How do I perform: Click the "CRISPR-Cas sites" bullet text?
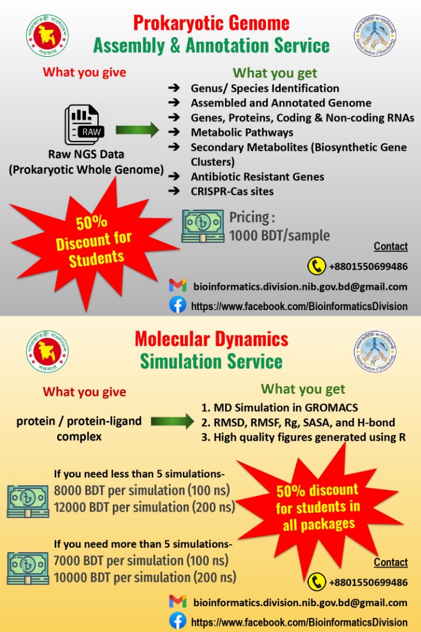[x=232, y=191]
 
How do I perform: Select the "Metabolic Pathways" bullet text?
[x=242, y=132]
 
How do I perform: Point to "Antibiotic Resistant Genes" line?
[x=257, y=176]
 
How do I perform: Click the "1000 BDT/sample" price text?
[x=279, y=236]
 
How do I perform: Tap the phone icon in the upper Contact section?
[x=316, y=266]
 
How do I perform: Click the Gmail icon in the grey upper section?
[x=178, y=286]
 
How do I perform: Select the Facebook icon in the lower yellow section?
[x=178, y=621]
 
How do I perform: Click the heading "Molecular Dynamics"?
[x=211, y=339]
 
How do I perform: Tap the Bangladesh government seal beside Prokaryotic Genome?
[x=47, y=36]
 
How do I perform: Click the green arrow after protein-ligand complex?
[x=172, y=421]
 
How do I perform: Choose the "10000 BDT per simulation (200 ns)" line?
[x=145, y=577]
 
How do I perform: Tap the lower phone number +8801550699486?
[x=368, y=582]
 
